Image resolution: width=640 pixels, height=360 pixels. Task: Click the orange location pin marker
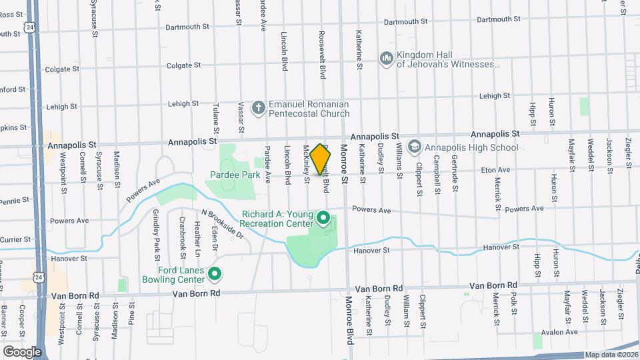(321, 159)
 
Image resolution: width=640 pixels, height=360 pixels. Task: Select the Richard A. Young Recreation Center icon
(324, 218)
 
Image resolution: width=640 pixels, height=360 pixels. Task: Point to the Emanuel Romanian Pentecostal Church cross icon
(259, 107)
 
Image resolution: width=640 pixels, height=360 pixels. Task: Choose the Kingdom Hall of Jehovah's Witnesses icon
(386, 59)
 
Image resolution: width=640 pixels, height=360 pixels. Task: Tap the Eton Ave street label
(496, 171)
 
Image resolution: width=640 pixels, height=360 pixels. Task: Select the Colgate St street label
(183, 65)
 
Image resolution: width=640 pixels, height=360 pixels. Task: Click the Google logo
(21, 351)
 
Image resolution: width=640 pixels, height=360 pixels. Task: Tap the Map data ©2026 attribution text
(610, 355)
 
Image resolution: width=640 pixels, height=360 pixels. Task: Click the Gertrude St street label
(454, 178)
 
